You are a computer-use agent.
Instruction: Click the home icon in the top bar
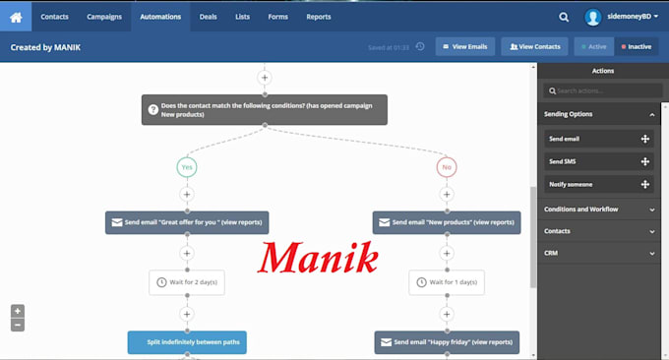coord(16,17)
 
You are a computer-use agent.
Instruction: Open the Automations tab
coord(160,17)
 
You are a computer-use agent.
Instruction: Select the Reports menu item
coord(319,17)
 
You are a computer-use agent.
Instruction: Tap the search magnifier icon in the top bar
coord(564,17)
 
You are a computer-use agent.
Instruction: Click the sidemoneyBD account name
coord(629,16)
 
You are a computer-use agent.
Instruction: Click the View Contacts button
coord(534,46)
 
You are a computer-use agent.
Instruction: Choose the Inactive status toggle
coord(637,46)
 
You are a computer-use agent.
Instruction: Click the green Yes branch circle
coord(187,167)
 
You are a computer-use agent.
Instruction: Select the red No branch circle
coord(447,167)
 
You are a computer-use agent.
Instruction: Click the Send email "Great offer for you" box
coord(187,222)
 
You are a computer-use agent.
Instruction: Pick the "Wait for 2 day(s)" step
coord(187,282)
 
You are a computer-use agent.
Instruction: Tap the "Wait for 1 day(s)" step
coord(447,282)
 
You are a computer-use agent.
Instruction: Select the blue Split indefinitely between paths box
coord(187,342)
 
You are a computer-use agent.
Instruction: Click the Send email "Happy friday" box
coord(447,342)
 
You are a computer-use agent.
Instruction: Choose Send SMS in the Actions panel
coord(598,161)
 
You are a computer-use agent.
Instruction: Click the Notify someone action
coord(598,184)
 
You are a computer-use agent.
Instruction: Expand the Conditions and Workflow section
coord(599,209)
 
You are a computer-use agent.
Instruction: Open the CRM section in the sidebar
coord(599,253)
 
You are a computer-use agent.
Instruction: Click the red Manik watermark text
coord(318,257)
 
